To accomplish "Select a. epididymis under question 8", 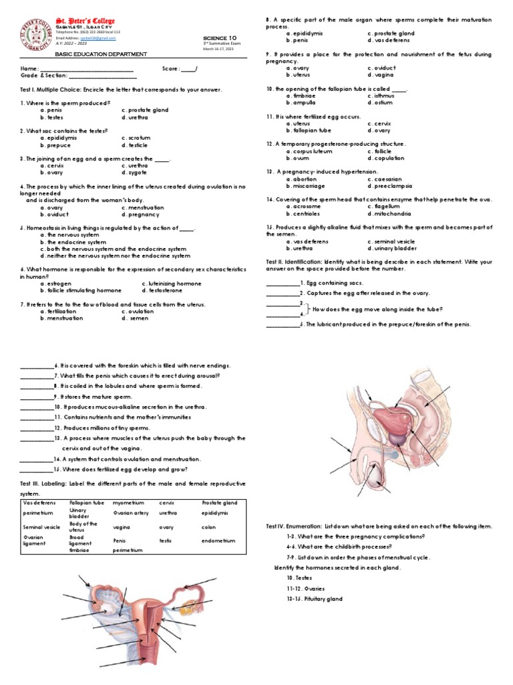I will (x=305, y=33).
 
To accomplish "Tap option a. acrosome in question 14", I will (x=303, y=207).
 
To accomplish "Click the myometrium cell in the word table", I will (x=128, y=502).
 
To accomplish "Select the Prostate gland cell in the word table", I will (x=220, y=502).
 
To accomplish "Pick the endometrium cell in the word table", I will (x=218, y=540).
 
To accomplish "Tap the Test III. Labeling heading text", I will (x=45, y=483).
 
